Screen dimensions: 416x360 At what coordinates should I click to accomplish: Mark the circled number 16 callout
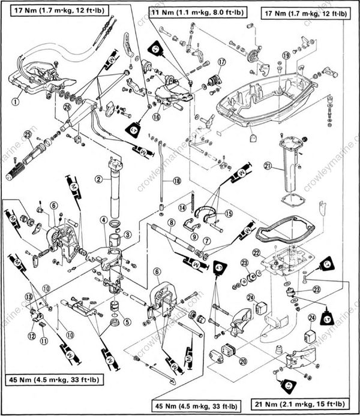pos(156,117)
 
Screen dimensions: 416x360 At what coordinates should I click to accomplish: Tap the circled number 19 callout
pos(286,55)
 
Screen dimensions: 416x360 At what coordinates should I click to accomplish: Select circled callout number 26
pos(67,107)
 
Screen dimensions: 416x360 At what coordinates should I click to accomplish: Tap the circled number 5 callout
pos(126,321)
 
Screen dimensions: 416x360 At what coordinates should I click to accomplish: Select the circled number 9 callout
pos(194,236)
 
